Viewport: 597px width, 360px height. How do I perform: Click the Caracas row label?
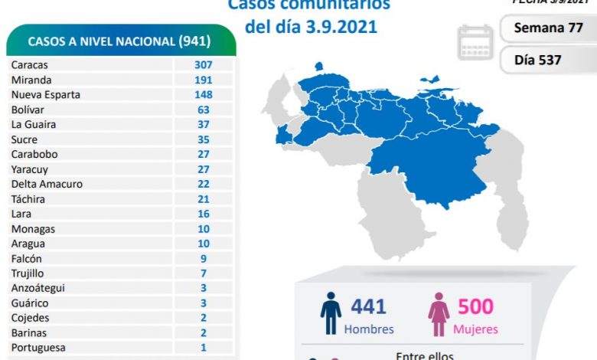(x=28, y=65)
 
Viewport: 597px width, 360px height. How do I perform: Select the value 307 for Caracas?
(x=203, y=65)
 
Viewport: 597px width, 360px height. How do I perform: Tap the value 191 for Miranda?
(x=203, y=80)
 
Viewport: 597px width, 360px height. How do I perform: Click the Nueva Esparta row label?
(x=45, y=95)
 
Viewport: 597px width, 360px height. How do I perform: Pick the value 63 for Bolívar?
(x=203, y=110)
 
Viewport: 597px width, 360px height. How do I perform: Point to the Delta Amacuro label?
(x=47, y=184)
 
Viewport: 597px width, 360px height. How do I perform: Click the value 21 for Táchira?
(x=203, y=199)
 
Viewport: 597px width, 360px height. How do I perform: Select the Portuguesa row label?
(x=38, y=348)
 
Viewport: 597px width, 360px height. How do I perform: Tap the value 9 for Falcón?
(x=203, y=259)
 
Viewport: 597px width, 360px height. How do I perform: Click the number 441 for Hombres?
(x=368, y=307)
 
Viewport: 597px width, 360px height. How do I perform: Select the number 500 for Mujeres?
(x=476, y=307)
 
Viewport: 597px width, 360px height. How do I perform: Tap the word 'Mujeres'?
(x=476, y=329)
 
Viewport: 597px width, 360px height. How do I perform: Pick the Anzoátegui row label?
(x=38, y=288)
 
